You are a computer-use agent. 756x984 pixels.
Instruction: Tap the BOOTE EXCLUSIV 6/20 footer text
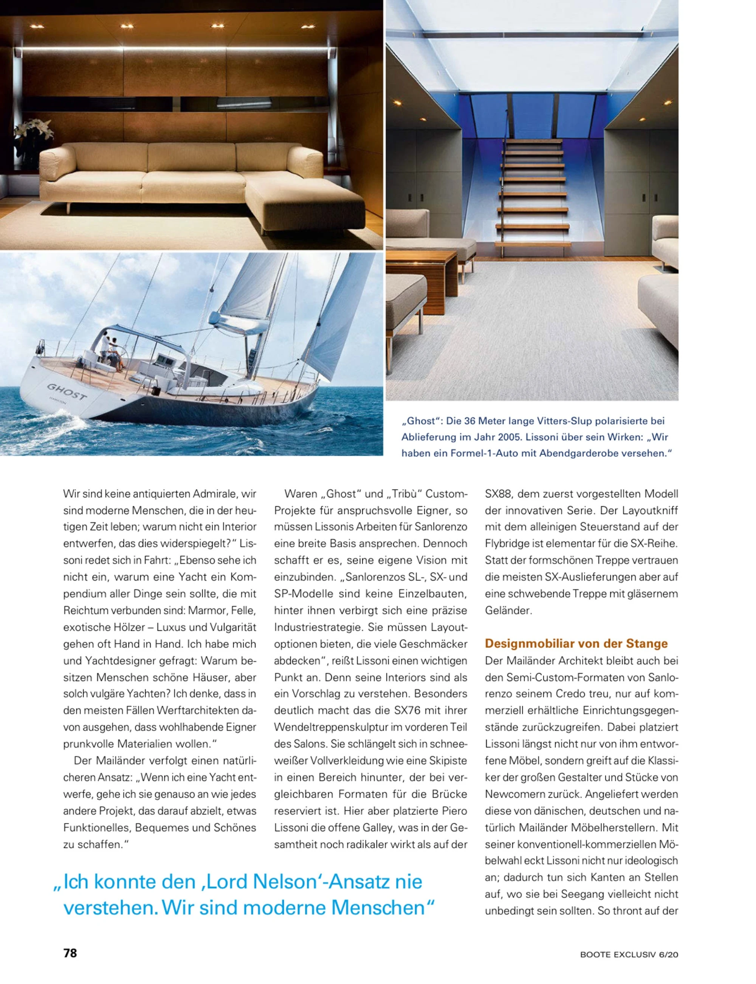629,954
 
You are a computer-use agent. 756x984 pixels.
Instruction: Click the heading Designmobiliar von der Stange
576,643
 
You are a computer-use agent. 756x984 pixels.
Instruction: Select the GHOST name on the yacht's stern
67,392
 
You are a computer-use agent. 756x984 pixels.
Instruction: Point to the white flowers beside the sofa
34,130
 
